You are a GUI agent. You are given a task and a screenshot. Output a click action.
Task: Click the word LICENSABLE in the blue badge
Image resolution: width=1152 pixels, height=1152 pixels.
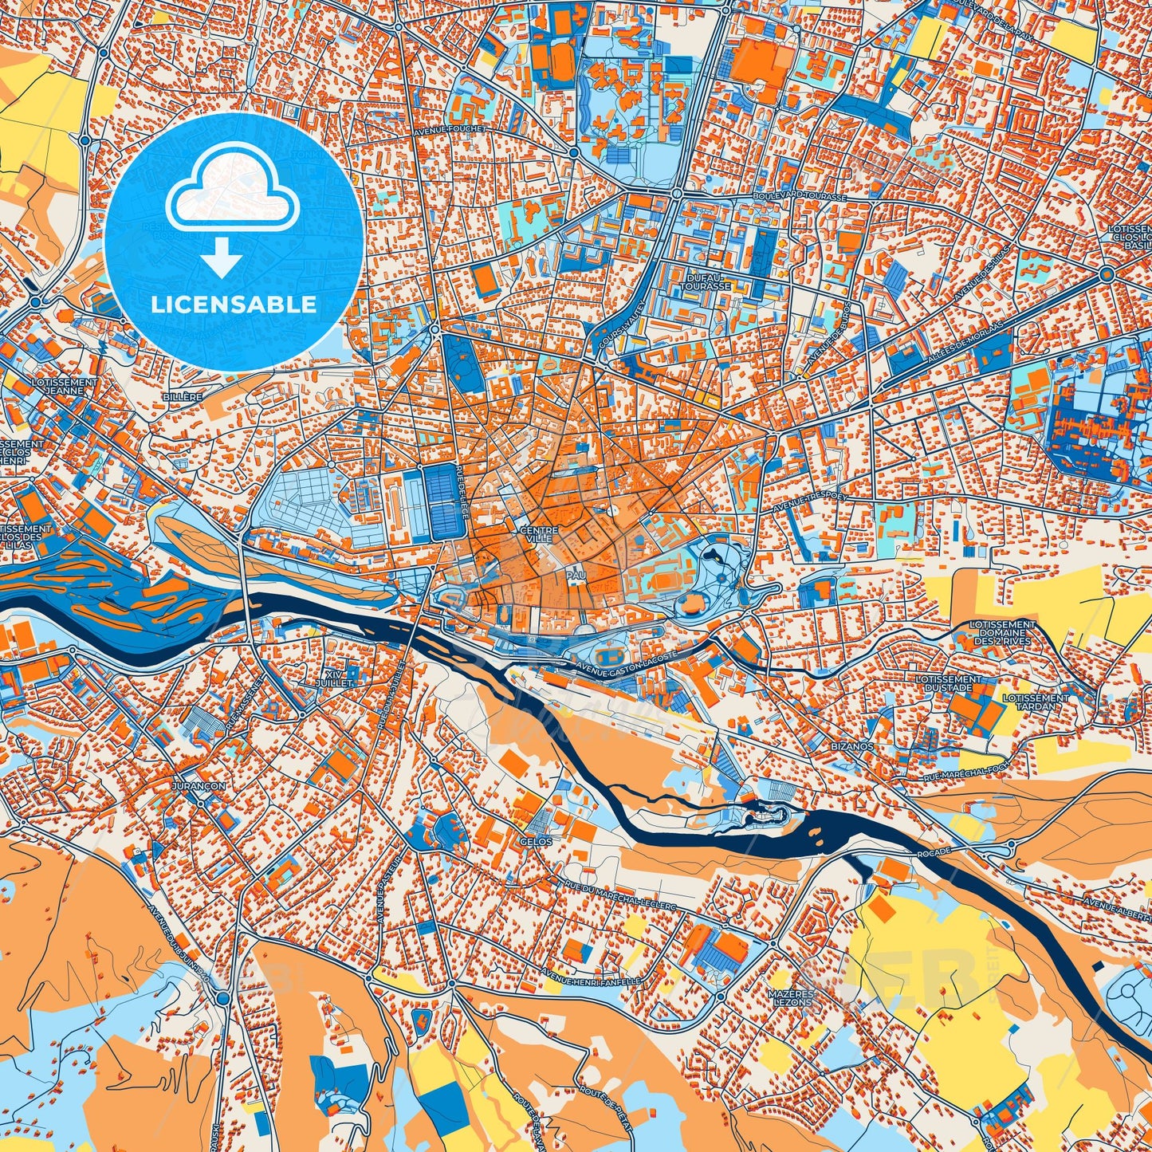pos(234,305)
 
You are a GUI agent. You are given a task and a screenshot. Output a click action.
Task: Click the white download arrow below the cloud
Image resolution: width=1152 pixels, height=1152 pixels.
pos(222,259)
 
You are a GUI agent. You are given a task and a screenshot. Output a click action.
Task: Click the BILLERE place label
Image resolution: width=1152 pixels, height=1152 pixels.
pos(181,396)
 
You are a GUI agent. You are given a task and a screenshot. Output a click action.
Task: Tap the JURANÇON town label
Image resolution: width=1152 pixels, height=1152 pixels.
pos(198,785)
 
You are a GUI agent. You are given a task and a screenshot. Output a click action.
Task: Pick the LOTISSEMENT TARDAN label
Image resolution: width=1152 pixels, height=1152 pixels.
pos(1036,702)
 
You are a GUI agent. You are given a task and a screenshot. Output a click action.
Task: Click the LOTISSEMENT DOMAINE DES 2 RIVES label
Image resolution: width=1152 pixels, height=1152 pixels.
pos(1002,633)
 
